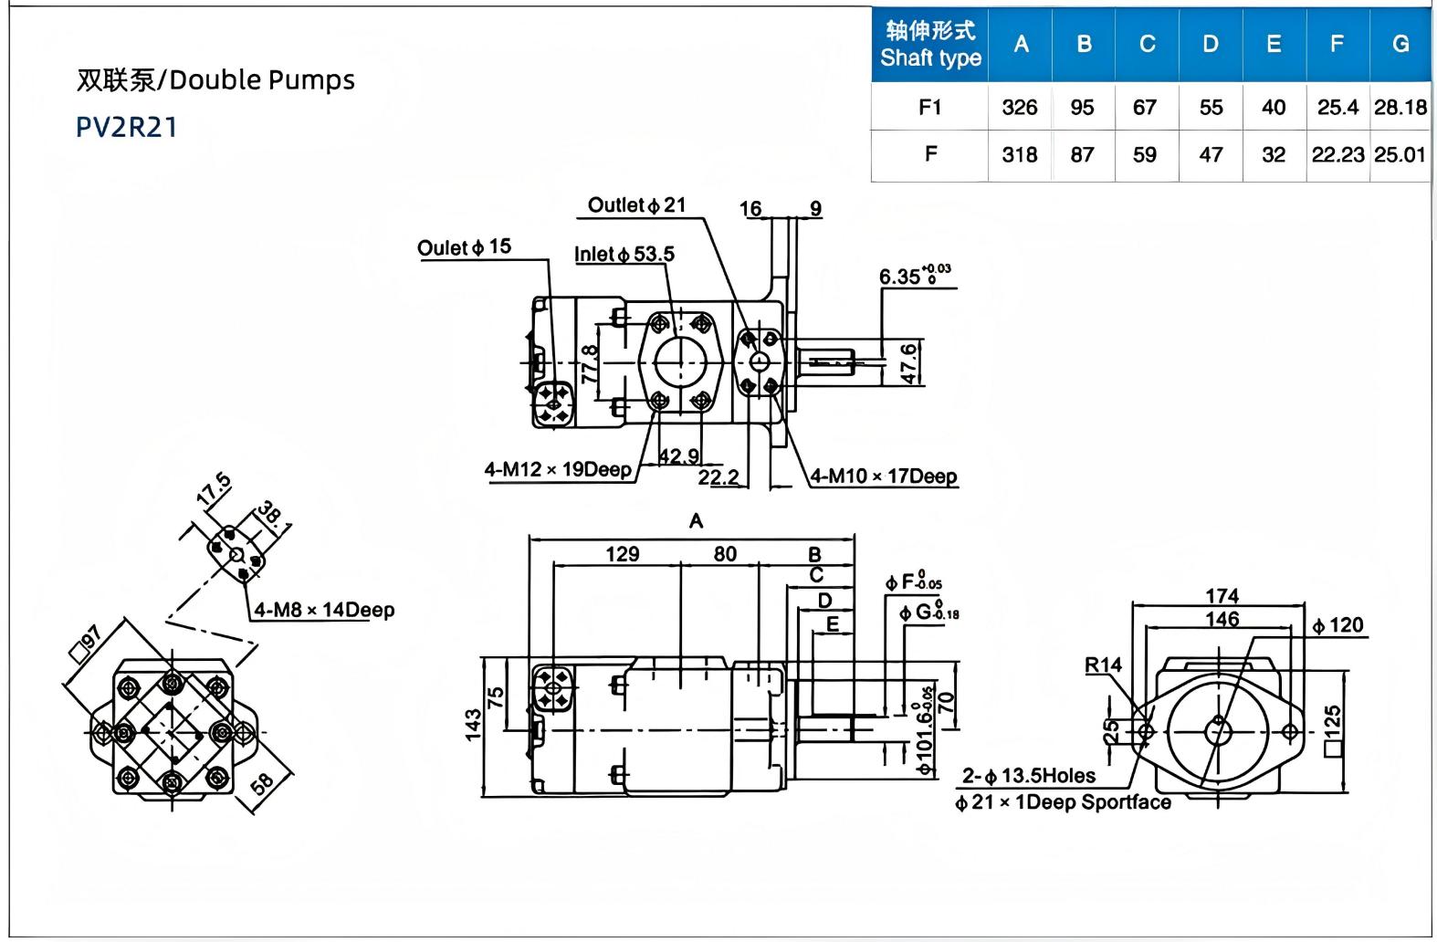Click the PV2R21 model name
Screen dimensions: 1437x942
pyautogui.click(x=126, y=127)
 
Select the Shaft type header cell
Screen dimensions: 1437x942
pyautogui.click(x=930, y=44)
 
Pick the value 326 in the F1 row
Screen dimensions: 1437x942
pyautogui.click(x=1020, y=107)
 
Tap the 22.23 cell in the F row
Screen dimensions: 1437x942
pyautogui.click(x=1337, y=154)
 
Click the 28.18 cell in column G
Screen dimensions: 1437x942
pyautogui.click(x=1400, y=107)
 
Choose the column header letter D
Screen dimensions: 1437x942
pyautogui.click(x=1211, y=44)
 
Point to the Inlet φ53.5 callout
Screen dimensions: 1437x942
pyautogui.click(x=624, y=255)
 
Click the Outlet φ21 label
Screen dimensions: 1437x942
pyautogui.click(x=636, y=205)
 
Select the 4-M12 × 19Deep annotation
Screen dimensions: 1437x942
pyautogui.click(x=558, y=470)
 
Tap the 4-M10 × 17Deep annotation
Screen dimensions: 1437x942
pyautogui.click(x=884, y=476)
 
